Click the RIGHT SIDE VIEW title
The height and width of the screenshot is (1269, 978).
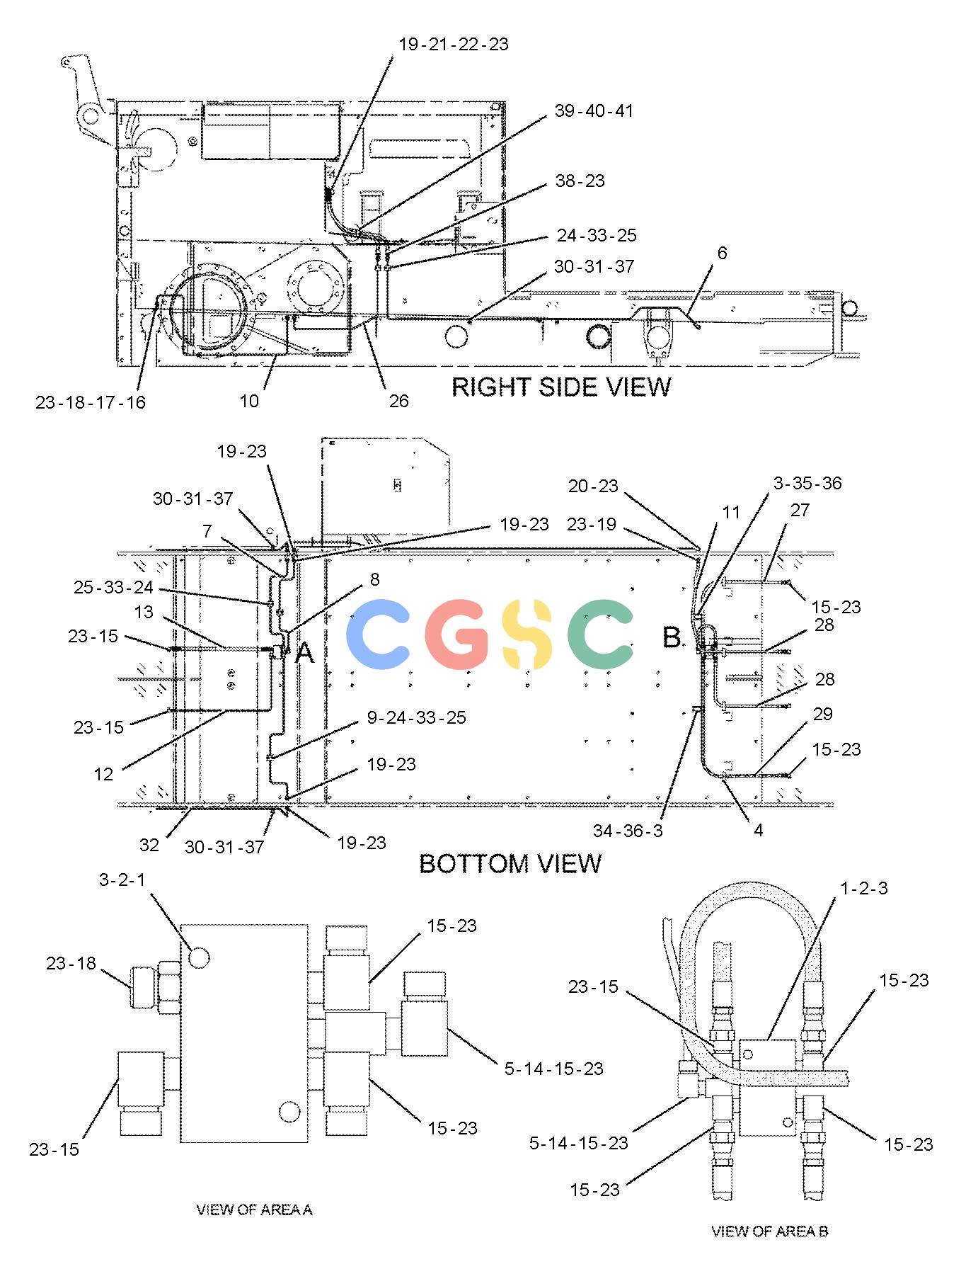(560, 387)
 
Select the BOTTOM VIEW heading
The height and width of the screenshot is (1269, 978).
(510, 863)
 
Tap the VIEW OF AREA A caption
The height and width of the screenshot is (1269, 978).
(254, 1210)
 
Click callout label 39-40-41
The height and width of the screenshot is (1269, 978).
(594, 110)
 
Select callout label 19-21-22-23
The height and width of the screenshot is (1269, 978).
(454, 44)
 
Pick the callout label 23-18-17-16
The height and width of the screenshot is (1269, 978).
(91, 402)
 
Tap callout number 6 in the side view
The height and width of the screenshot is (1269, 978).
(722, 253)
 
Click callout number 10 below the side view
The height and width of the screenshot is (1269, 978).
(249, 401)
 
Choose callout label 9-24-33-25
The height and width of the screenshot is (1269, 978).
(417, 717)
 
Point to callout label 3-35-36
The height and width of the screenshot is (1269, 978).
(807, 483)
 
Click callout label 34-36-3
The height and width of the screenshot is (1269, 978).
(628, 830)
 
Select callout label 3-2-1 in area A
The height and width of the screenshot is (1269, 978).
(122, 880)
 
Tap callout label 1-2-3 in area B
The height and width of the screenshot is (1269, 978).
(864, 888)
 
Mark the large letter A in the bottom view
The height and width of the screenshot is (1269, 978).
(304, 653)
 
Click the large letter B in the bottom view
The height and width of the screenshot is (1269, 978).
(672, 637)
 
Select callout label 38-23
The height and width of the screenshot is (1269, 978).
(580, 181)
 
